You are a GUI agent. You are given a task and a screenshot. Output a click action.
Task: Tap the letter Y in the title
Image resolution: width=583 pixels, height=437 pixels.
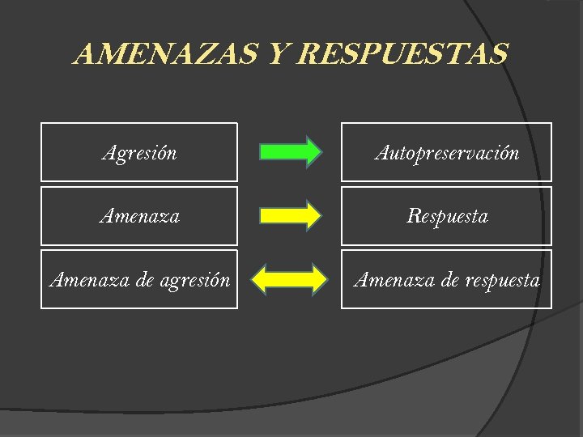(277, 55)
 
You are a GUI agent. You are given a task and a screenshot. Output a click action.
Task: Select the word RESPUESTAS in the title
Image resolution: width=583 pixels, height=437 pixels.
(403, 55)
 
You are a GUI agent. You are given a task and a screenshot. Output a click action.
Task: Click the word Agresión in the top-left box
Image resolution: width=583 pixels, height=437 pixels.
(139, 152)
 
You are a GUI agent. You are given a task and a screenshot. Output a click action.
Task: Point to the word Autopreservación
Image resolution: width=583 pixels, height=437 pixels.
(447, 152)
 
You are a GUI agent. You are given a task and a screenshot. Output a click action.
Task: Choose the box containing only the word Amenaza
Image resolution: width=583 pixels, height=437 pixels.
(139, 216)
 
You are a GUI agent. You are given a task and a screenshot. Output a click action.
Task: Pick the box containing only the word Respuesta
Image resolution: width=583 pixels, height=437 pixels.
(447, 216)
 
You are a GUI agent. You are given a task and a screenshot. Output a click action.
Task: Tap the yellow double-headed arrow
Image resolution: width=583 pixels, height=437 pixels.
(290, 279)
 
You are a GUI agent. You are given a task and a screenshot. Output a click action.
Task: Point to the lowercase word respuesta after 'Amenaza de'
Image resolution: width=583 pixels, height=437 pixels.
(500, 280)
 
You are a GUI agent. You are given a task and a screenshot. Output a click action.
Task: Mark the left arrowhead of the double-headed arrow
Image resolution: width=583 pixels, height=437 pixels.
(263, 279)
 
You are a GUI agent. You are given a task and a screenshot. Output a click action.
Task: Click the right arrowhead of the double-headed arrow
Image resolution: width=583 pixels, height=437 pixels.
(317, 279)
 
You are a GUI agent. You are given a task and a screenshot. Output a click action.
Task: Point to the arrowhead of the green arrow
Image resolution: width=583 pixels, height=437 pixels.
(313, 152)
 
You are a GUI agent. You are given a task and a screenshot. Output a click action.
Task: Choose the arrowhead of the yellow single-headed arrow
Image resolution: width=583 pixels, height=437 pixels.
(313, 215)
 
